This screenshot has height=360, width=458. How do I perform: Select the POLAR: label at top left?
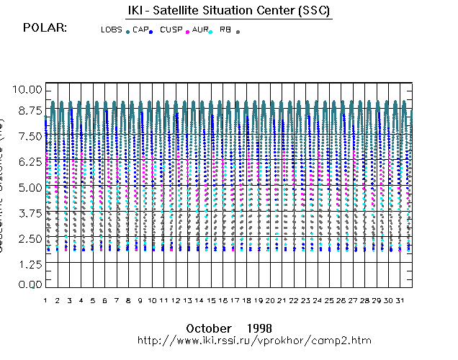[45, 28]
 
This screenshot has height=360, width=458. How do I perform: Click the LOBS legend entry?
[112, 30]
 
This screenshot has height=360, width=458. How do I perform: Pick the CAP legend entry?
[140, 30]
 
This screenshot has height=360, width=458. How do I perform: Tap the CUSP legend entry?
[171, 30]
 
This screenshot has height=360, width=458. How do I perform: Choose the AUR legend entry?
[201, 30]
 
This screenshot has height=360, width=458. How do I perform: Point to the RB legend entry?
[226, 30]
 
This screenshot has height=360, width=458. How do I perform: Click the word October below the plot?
[208, 328]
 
